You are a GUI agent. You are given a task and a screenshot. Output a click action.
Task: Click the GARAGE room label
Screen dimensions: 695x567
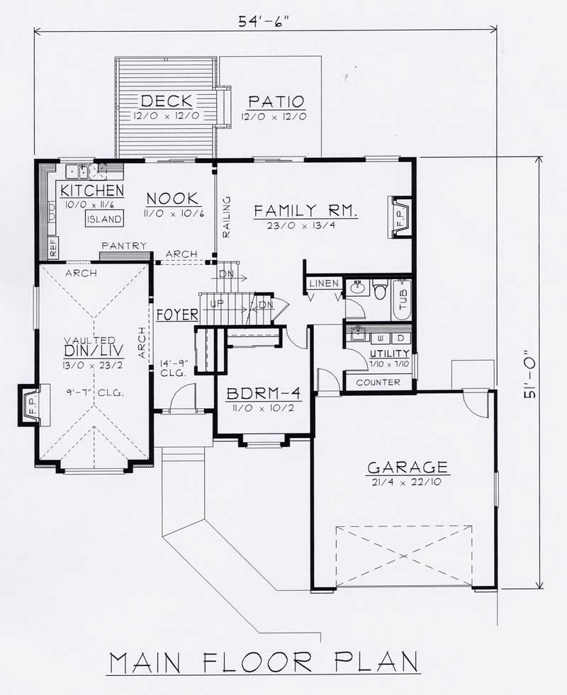407,468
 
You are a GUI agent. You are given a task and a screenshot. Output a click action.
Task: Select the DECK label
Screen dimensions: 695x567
167,101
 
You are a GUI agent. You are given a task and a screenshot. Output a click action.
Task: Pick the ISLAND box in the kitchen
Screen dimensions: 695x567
103,219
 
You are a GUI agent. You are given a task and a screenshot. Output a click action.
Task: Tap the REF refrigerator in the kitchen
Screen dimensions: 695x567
53,247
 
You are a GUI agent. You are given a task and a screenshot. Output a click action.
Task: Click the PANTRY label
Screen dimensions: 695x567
123,246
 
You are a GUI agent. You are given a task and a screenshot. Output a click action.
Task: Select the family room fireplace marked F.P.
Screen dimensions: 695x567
399,216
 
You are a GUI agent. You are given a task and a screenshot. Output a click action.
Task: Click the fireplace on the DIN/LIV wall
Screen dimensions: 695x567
28,405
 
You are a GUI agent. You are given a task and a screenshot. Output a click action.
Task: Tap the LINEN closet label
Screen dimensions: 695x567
323,283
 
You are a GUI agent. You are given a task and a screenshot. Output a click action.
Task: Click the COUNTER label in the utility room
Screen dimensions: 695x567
378,383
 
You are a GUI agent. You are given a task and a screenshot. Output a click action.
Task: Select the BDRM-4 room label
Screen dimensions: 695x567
262,394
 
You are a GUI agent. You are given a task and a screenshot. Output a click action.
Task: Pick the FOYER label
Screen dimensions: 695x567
177,315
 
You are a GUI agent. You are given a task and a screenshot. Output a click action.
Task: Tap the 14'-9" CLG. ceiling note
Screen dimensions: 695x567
174,366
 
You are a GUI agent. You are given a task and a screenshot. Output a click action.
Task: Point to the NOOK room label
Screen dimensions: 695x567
167,198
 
